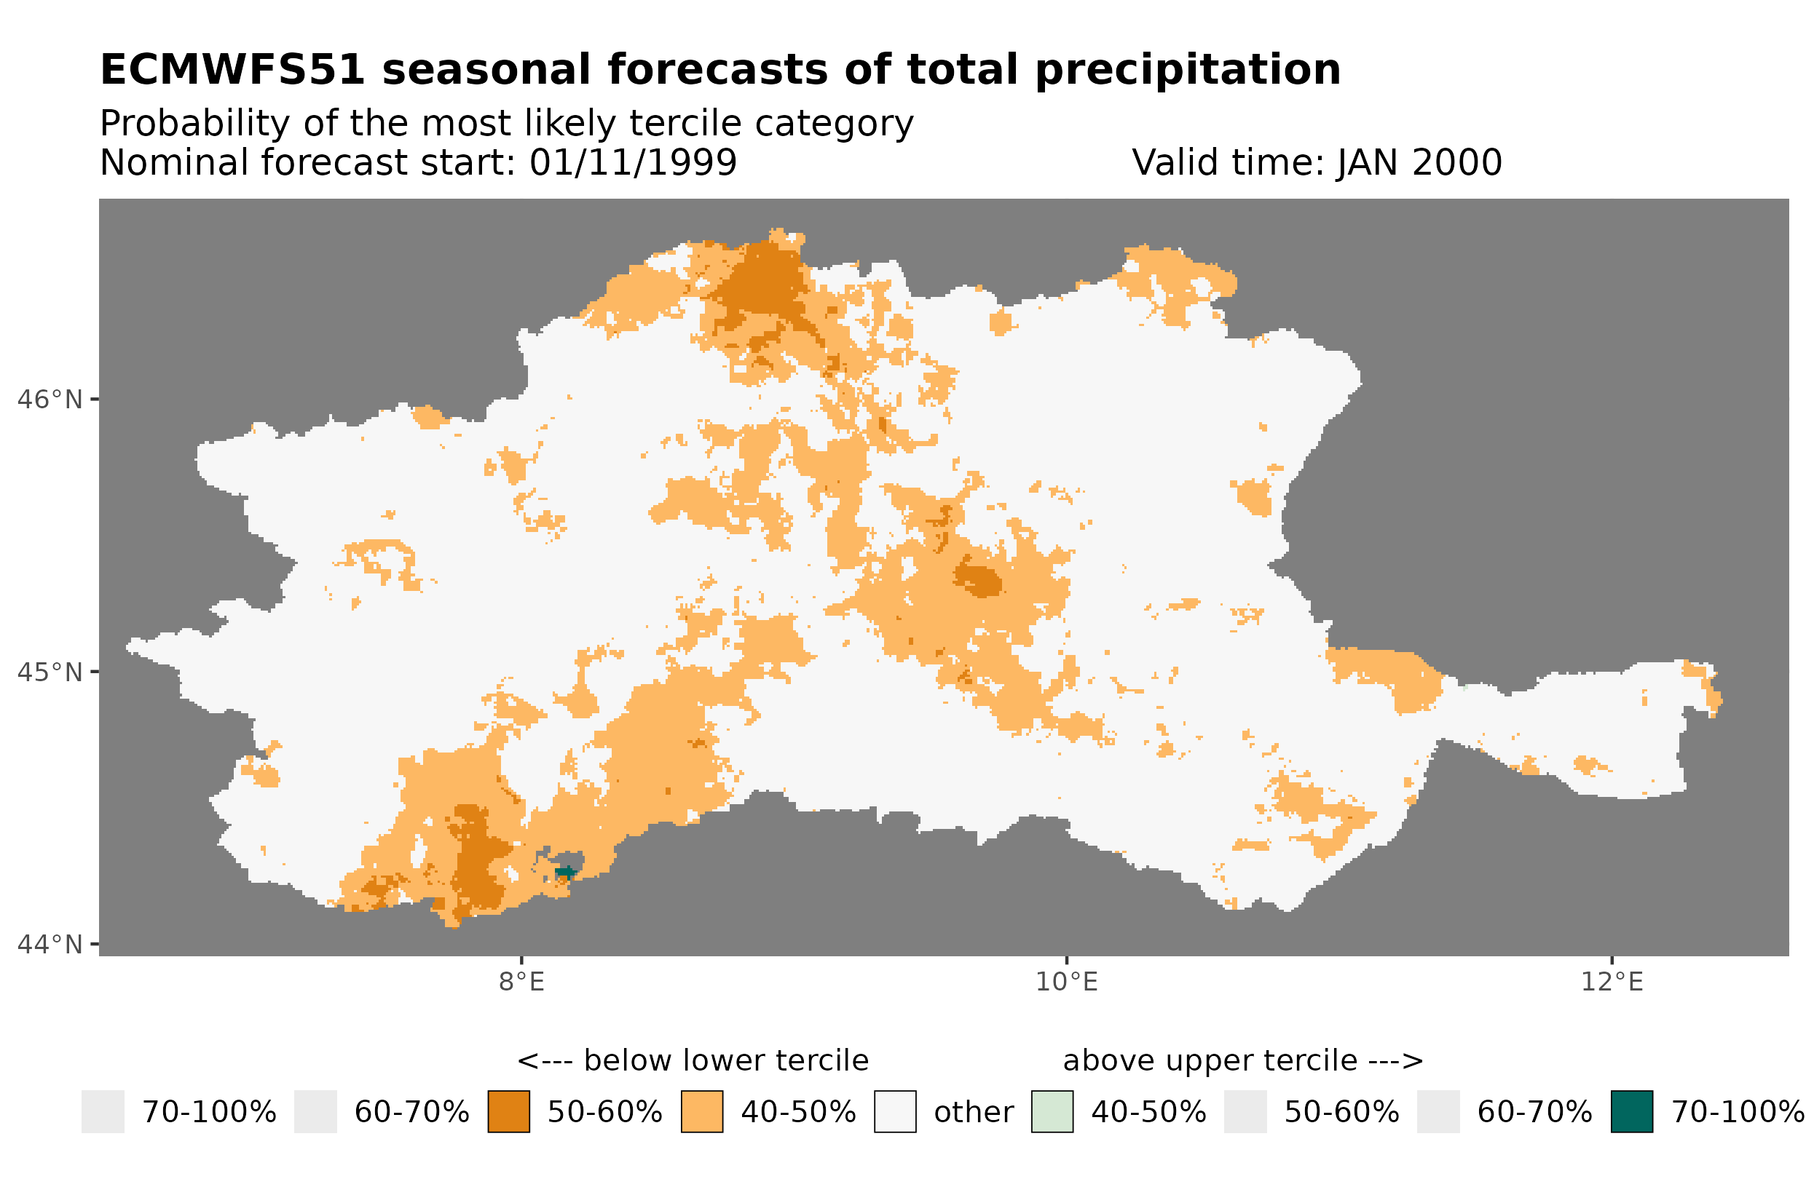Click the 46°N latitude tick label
click(49, 400)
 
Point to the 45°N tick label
click(49, 672)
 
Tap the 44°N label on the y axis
click(49, 945)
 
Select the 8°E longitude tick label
click(521, 982)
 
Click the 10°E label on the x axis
click(1066, 982)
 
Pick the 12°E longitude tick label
click(1611, 982)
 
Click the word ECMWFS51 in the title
click(232, 70)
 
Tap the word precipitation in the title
click(1186, 70)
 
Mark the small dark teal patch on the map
click(566, 873)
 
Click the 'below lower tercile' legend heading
click(693, 1060)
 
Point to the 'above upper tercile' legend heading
click(1242, 1060)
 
